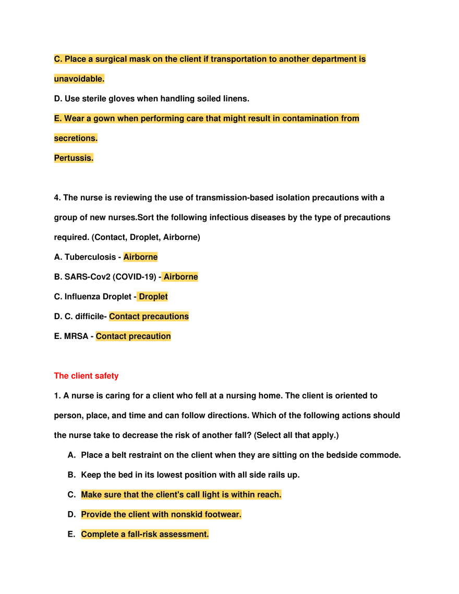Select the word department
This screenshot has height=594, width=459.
[334, 59]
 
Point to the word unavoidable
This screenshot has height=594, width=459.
[79, 79]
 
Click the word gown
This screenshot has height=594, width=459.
[104, 118]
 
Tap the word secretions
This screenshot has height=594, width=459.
[76, 138]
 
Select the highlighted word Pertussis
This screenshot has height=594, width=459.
[74, 158]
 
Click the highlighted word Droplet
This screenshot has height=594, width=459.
[153, 297]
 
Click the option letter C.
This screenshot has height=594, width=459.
[57, 59]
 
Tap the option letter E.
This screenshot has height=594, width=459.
[57, 118]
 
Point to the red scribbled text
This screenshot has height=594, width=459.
[87, 376]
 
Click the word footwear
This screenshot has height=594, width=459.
[223, 514]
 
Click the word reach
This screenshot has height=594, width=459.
[270, 494]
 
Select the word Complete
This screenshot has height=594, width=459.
[99, 534]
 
